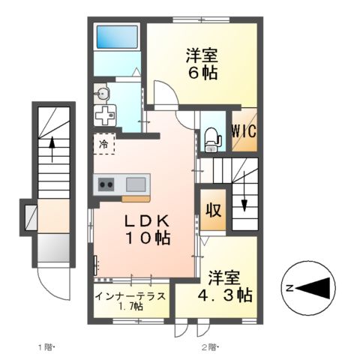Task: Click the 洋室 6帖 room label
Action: (200, 64)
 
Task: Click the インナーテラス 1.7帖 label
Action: (131, 301)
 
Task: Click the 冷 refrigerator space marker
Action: (103, 142)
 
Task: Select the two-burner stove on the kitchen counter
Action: (106, 184)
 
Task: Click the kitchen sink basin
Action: (136, 184)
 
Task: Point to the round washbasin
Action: (104, 94)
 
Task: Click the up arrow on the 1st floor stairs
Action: (52, 148)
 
